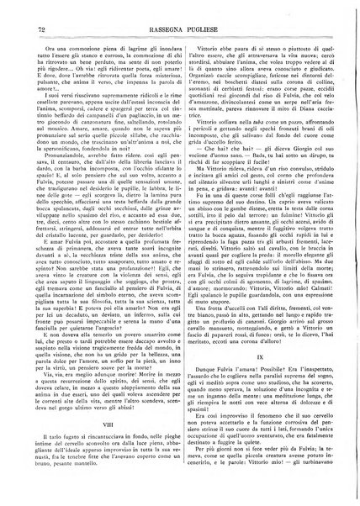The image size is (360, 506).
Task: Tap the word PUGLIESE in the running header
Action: [x=204, y=31]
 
